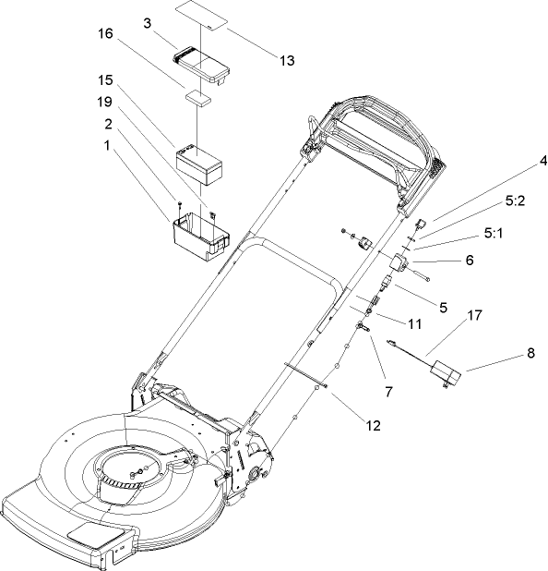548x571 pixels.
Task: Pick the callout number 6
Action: tap(470, 261)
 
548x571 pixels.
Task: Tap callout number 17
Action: tap(474, 315)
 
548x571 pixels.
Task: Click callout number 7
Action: tap(388, 392)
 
